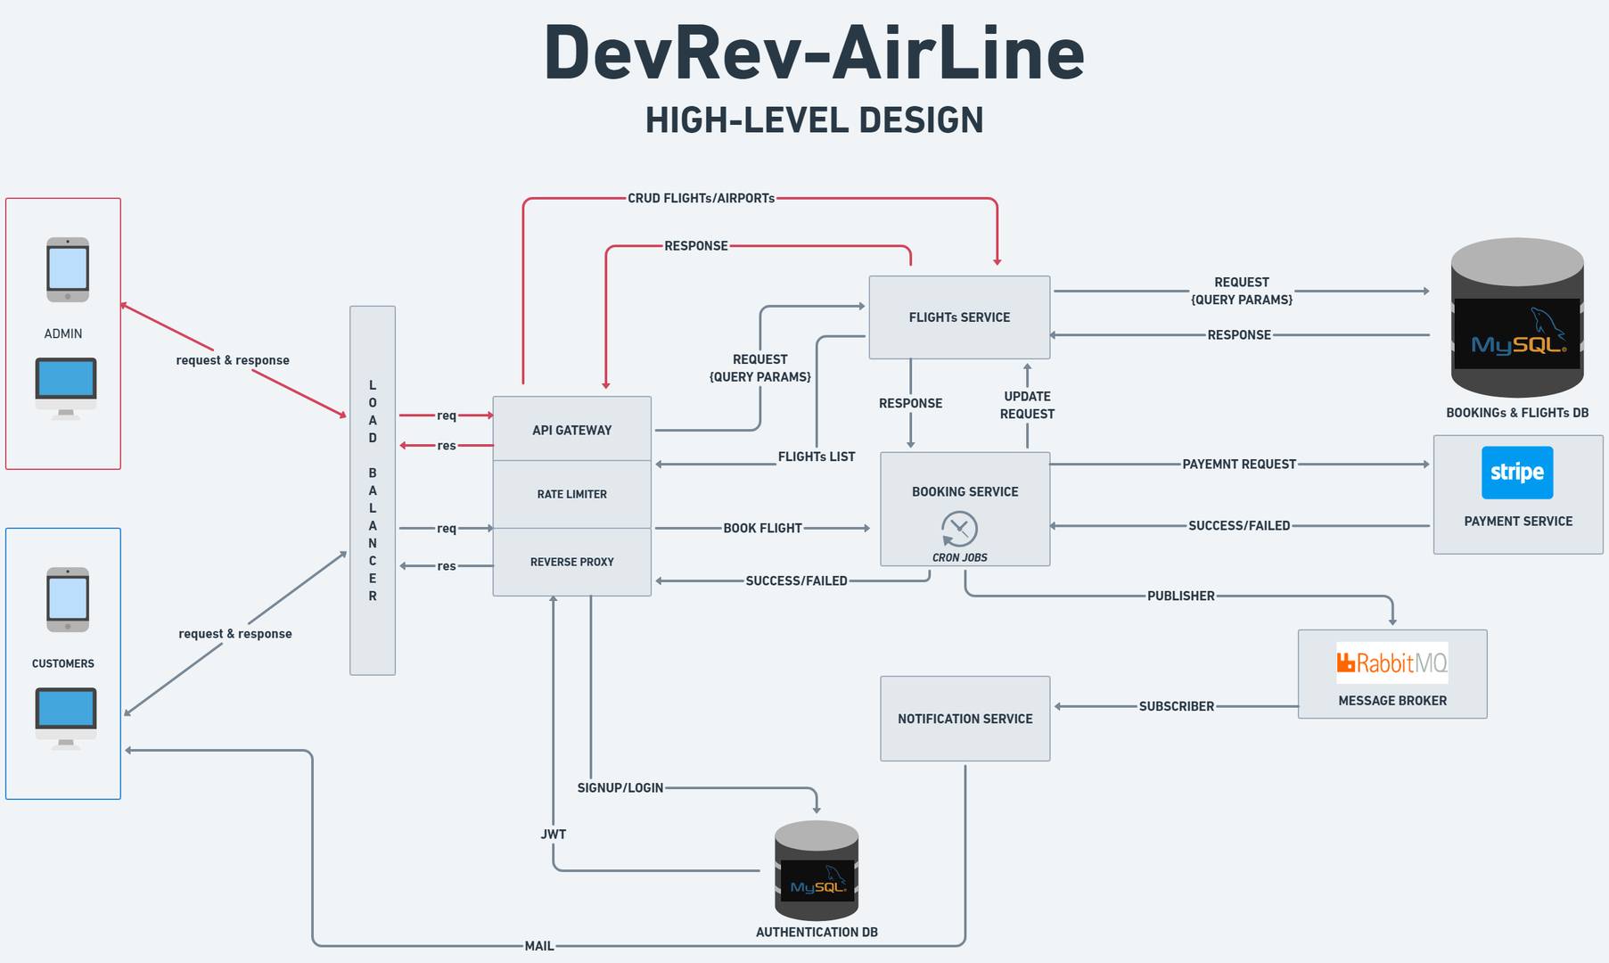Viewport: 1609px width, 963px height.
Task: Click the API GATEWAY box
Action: (571, 429)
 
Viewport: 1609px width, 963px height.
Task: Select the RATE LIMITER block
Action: (571, 494)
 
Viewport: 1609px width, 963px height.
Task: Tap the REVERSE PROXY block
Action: (571, 562)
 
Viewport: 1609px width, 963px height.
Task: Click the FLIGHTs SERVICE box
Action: (959, 317)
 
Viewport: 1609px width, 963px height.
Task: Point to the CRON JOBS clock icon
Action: (959, 529)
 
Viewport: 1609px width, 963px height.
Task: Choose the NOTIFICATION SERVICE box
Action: (965, 719)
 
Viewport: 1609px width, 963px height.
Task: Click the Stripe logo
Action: (1516, 473)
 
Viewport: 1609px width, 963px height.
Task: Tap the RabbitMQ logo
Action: (1391, 663)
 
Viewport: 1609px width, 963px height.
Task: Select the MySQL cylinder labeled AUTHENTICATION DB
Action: (816, 871)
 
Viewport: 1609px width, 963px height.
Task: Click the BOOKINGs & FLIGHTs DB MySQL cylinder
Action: (1516, 318)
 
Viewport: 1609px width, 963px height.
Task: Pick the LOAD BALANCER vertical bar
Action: (373, 490)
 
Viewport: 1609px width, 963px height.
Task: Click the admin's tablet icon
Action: (68, 269)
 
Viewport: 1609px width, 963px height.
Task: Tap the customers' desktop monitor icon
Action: (66, 717)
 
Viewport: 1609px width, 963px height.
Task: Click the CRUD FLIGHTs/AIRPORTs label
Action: (701, 198)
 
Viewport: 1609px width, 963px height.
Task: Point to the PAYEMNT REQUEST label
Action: (1238, 464)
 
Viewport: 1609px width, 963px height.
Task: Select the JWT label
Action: (553, 835)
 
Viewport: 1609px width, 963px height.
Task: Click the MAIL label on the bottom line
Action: (538, 946)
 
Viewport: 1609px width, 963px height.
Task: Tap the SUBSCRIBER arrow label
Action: (1176, 706)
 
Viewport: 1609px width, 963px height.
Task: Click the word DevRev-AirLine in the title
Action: (813, 53)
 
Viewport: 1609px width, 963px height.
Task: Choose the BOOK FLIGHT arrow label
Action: (762, 528)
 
